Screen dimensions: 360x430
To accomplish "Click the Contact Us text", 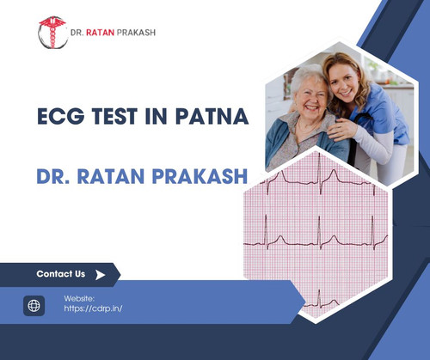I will pyautogui.click(x=60, y=274).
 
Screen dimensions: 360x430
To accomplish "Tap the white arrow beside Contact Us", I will pyautogui.click(x=101, y=275).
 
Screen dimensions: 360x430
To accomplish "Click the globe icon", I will pyautogui.click(x=34, y=306).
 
